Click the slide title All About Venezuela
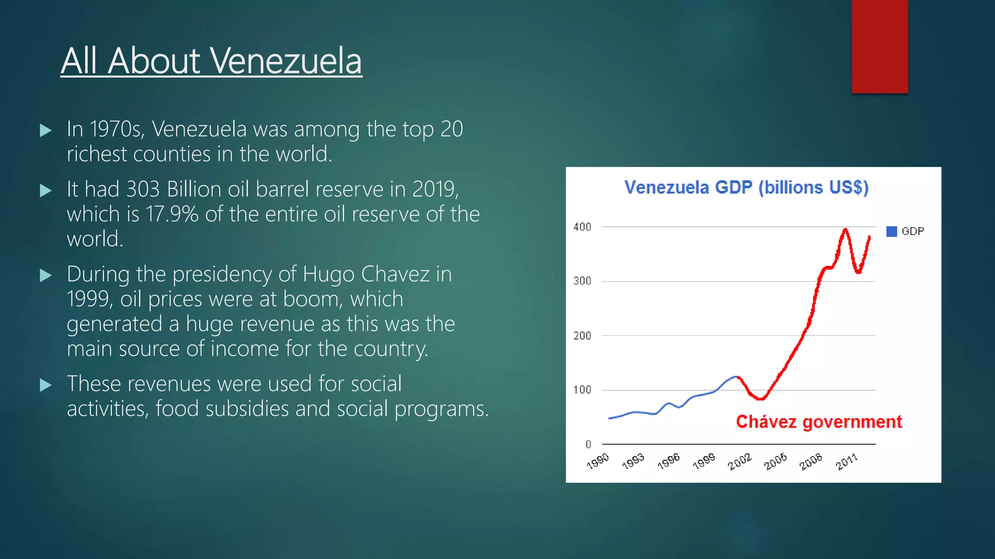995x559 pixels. click(211, 61)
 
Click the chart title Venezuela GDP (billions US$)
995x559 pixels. click(746, 187)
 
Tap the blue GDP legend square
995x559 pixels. click(892, 231)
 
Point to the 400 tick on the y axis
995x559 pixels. click(582, 227)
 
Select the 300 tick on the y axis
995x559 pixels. click(582, 281)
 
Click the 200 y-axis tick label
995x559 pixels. click(582, 336)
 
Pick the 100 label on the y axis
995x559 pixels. click(582, 390)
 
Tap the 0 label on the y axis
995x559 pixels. click(588, 444)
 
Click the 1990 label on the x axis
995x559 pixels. click(598, 461)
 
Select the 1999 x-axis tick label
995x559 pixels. click(704, 461)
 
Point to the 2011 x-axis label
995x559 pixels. click(847, 461)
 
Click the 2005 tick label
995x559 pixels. click(775, 461)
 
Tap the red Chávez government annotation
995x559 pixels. click(819, 422)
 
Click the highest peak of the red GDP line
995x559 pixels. click(845, 230)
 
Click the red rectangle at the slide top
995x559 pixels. click(879, 46)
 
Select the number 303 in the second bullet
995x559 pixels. click(143, 189)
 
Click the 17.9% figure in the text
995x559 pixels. click(172, 214)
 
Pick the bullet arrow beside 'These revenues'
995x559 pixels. click(46, 385)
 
